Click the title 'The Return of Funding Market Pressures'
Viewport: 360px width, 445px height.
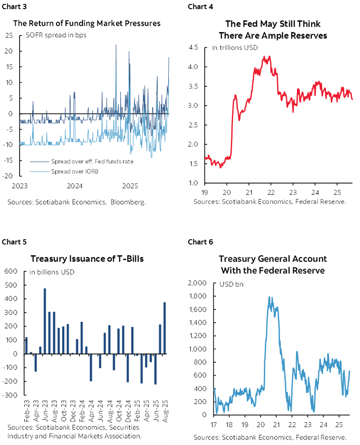(x=87, y=23)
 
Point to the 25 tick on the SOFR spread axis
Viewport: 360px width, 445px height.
(x=8, y=36)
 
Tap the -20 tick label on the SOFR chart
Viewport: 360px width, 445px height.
(x=8, y=176)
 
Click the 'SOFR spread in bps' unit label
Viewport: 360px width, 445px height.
(x=53, y=35)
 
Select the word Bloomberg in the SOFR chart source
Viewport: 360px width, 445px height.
(x=128, y=202)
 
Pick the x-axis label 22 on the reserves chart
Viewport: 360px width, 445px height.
(x=270, y=191)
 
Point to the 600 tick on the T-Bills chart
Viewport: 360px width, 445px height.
(x=10, y=271)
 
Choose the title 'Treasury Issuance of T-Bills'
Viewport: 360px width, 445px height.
(x=87, y=259)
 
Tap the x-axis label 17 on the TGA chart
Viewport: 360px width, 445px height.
(x=214, y=424)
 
